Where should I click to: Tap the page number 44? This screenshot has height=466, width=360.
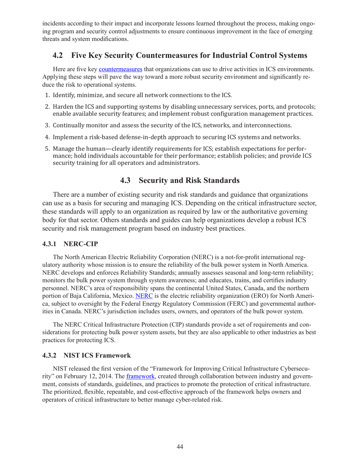(180, 447)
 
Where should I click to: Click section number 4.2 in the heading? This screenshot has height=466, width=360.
(58, 55)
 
